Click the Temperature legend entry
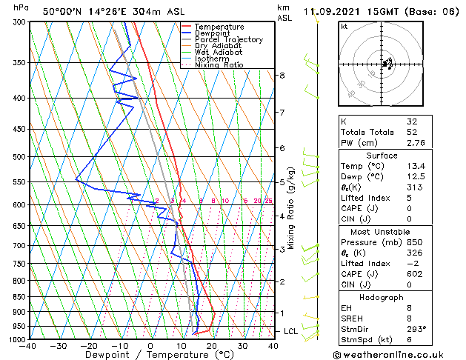221,27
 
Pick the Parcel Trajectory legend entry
228,40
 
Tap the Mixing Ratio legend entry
219,65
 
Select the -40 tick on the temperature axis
28,346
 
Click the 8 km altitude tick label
282,76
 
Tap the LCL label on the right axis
290,331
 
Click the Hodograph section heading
382,296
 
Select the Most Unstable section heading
382,231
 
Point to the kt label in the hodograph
344,27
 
